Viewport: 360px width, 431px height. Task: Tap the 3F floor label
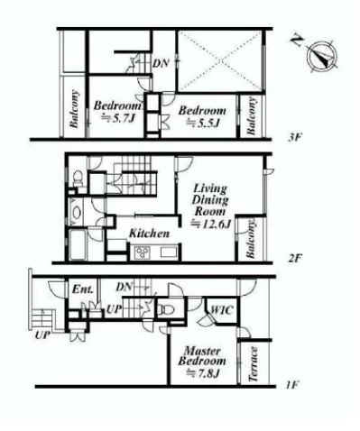click(x=294, y=138)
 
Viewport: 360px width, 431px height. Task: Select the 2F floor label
click(x=294, y=259)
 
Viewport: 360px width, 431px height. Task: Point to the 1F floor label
click(x=291, y=384)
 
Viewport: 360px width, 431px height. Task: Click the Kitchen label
click(x=149, y=234)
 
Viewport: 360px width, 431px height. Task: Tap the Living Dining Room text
click(x=210, y=200)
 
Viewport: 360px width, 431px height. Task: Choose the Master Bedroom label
click(x=202, y=356)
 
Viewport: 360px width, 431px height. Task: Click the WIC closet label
click(x=222, y=310)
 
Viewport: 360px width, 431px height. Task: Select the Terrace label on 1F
click(x=254, y=364)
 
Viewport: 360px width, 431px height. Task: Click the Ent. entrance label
click(x=83, y=289)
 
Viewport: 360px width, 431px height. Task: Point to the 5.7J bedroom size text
click(x=117, y=118)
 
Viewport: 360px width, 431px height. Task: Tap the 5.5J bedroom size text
click(x=202, y=123)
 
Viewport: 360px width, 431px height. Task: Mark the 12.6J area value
click(x=211, y=224)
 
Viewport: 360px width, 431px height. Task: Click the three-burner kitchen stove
click(x=143, y=252)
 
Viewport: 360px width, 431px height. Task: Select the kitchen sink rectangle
click(x=168, y=252)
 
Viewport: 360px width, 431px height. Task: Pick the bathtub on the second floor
click(x=78, y=244)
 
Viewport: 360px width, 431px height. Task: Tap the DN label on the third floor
click(x=161, y=63)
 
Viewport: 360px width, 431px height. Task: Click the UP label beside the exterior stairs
click(x=42, y=335)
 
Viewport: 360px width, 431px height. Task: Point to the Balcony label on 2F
click(x=251, y=239)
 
